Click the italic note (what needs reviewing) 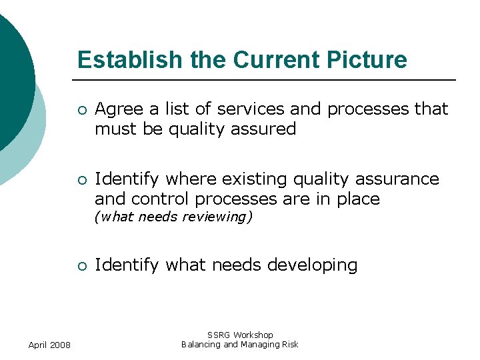pos(173,217)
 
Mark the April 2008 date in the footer pos(50,345)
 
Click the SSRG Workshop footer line pos(240,335)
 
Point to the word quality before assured pos(201,129)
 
